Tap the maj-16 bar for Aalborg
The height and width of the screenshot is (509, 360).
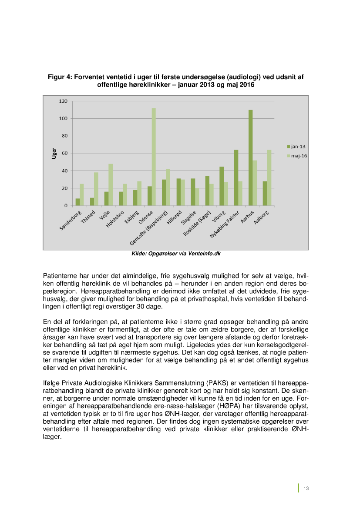click(269, 177)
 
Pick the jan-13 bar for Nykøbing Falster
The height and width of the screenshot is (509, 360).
click(236, 177)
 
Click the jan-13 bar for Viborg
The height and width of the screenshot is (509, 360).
click(222, 186)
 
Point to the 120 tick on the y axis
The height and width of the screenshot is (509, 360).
click(63, 101)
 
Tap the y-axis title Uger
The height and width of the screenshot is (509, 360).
click(54, 153)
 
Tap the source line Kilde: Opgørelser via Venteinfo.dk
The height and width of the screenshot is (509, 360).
click(176, 254)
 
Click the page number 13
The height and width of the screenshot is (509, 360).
click(306, 488)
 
